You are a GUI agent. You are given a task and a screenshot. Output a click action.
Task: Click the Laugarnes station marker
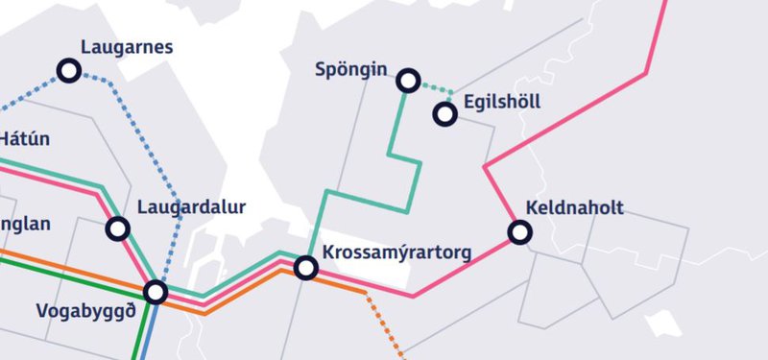(69, 70)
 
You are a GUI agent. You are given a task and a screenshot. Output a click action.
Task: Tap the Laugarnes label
(127, 46)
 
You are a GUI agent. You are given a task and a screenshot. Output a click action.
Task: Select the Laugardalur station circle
(118, 228)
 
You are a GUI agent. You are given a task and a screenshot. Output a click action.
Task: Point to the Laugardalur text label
(192, 207)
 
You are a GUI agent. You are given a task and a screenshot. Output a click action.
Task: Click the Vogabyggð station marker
(156, 291)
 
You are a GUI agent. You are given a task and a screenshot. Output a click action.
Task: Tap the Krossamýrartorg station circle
(306, 268)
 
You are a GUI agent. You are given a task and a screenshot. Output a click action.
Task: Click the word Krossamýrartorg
(398, 253)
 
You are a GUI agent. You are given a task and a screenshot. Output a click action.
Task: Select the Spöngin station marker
(408, 81)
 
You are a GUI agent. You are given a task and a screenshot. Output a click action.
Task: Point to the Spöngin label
(351, 69)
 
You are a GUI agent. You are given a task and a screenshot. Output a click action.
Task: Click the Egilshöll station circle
(444, 114)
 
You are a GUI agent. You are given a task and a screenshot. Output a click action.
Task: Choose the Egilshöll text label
(502, 102)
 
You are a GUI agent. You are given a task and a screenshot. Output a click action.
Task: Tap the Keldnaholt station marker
(520, 231)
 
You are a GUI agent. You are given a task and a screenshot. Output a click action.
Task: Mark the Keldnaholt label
(575, 208)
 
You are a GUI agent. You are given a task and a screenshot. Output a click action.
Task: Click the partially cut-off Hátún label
(23, 138)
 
